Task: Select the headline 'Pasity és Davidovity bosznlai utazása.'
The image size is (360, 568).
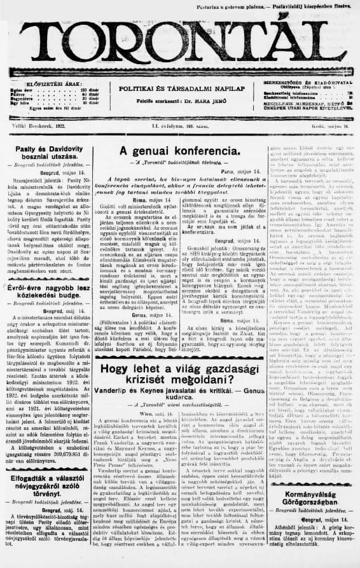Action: tap(46, 152)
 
